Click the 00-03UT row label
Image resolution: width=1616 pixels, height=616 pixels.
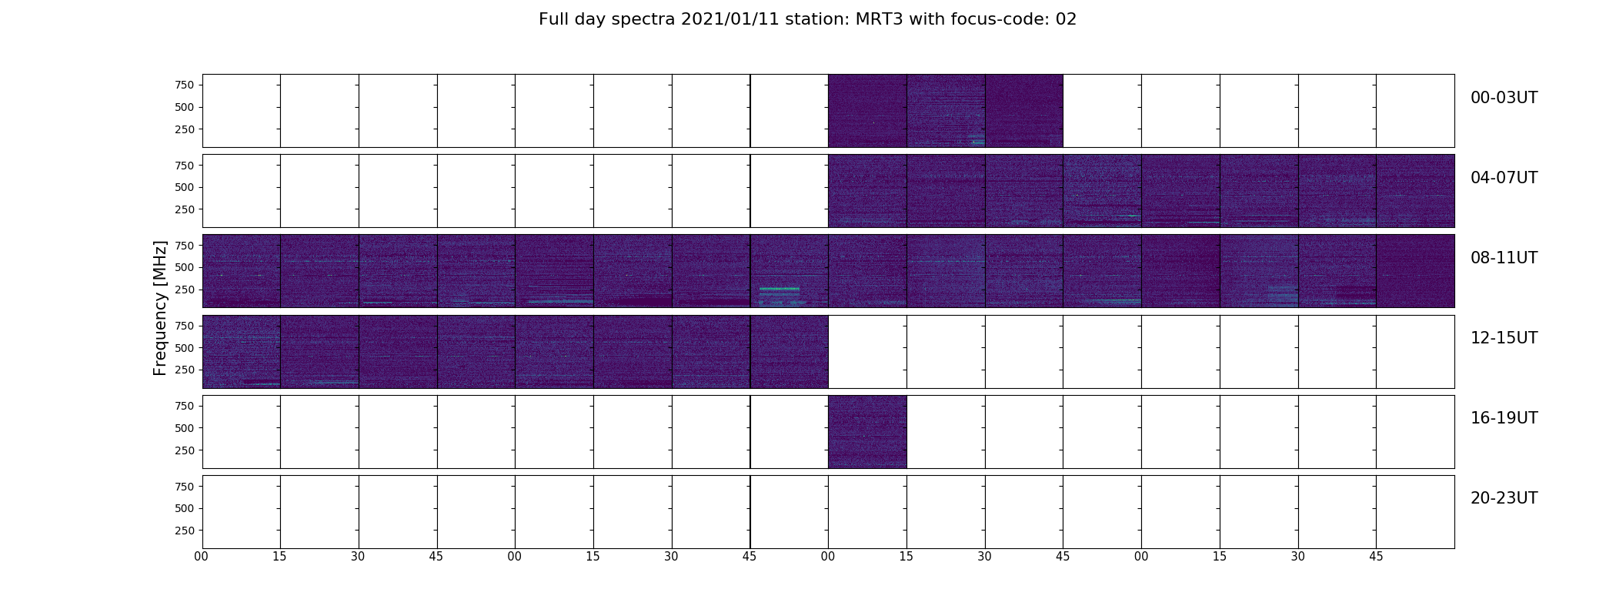(x=1504, y=98)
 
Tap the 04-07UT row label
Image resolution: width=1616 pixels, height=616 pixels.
(x=1504, y=178)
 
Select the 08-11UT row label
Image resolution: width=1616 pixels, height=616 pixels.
(x=1504, y=258)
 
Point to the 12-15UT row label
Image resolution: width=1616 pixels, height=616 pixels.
(x=1504, y=338)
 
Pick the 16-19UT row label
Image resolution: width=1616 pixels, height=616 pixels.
(x=1504, y=418)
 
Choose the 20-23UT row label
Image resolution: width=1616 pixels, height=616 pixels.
(x=1504, y=498)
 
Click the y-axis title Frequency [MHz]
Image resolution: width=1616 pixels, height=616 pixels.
(x=160, y=309)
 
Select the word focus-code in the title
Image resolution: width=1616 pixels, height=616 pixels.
(x=996, y=19)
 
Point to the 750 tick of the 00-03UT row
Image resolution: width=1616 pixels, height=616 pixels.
(x=184, y=85)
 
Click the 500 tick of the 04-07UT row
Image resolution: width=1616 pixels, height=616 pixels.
(x=184, y=187)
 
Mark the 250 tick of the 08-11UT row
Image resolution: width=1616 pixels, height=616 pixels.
(x=184, y=290)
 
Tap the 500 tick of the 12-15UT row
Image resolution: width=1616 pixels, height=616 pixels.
(x=184, y=348)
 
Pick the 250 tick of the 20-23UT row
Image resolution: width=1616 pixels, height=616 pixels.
(x=184, y=531)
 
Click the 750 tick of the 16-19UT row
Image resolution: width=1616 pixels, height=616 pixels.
(x=184, y=406)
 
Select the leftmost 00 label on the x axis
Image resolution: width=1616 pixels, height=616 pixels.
(x=202, y=557)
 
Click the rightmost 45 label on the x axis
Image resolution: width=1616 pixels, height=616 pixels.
(x=1376, y=557)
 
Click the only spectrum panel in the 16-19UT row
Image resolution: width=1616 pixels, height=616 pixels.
(x=867, y=432)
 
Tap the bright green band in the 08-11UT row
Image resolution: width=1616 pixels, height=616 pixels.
(x=780, y=289)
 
